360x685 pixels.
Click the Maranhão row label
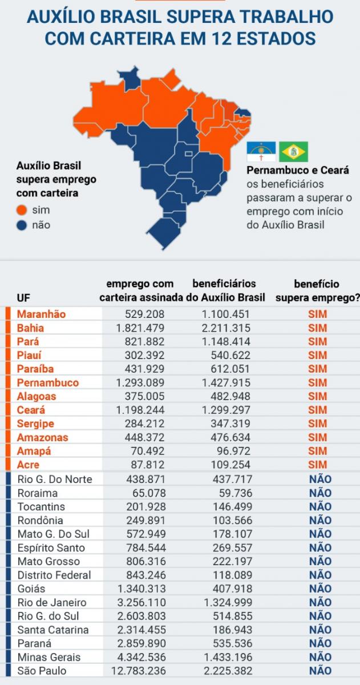(x=42, y=315)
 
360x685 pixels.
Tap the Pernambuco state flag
(x=261, y=152)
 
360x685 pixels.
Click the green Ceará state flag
(x=293, y=152)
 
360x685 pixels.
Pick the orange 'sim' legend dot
(x=22, y=210)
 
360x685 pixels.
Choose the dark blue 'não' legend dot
(x=22, y=225)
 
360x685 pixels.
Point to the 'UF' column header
(x=23, y=298)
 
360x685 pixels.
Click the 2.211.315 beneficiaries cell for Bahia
(x=225, y=328)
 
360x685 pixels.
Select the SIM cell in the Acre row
(x=318, y=465)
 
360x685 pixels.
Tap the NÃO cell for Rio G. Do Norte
(x=320, y=479)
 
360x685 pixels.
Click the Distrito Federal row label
(x=54, y=575)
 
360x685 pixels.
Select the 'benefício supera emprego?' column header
(x=317, y=291)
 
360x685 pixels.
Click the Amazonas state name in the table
(x=43, y=438)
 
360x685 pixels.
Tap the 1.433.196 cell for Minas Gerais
(x=225, y=657)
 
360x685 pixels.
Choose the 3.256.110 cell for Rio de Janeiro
(x=140, y=602)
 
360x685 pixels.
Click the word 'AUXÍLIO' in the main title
(x=60, y=17)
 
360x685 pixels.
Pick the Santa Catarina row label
(x=53, y=630)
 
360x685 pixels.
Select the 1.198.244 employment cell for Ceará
(x=140, y=410)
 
